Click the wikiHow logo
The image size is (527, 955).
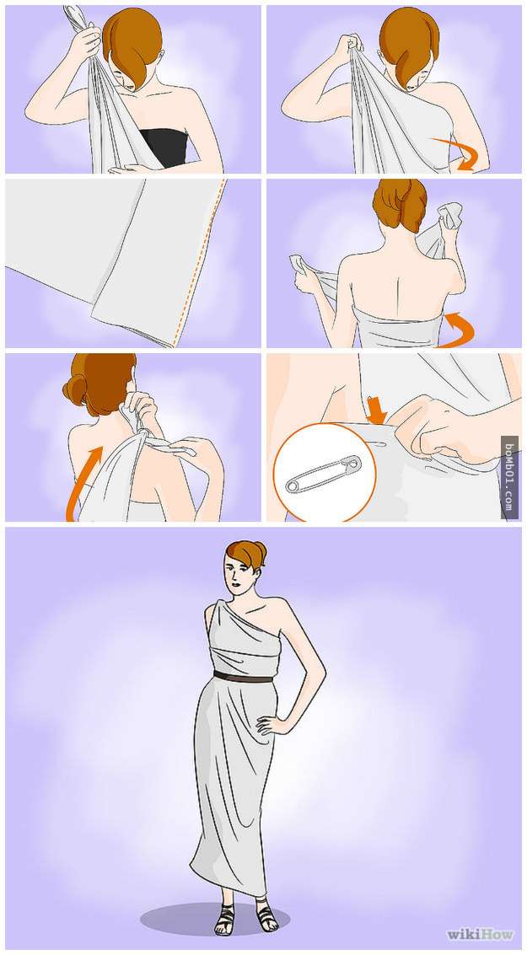(481, 934)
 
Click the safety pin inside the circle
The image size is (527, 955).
(324, 474)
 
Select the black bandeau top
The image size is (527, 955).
(164, 147)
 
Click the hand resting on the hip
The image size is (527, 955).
(266, 725)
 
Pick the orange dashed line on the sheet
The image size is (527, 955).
(199, 262)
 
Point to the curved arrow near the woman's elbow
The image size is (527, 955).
(458, 153)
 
